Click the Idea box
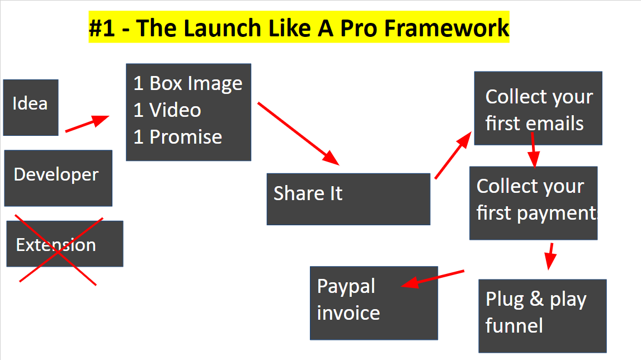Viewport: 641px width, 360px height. (31, 107)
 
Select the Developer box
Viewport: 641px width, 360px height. (58, 178)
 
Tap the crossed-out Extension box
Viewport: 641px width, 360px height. (64, 244)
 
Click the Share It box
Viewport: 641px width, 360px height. (348, 199)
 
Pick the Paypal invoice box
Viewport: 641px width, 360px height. (374, 303)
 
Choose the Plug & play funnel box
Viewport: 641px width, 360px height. (543, 316)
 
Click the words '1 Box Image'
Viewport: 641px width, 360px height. (188, 83)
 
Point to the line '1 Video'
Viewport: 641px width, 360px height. (167, 110)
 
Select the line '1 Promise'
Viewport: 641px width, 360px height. (178, 137)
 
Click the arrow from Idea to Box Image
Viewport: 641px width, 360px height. (87, 124)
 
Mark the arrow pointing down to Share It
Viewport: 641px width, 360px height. (299, 134)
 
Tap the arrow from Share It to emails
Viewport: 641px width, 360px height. (453, 155)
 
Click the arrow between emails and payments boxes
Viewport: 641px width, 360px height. (533, 150)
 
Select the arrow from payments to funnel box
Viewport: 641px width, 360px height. (550, 256)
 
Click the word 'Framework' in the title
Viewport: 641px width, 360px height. (446, 28)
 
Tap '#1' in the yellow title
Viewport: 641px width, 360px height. (102, 28)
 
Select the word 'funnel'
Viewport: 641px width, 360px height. (514, 326)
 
